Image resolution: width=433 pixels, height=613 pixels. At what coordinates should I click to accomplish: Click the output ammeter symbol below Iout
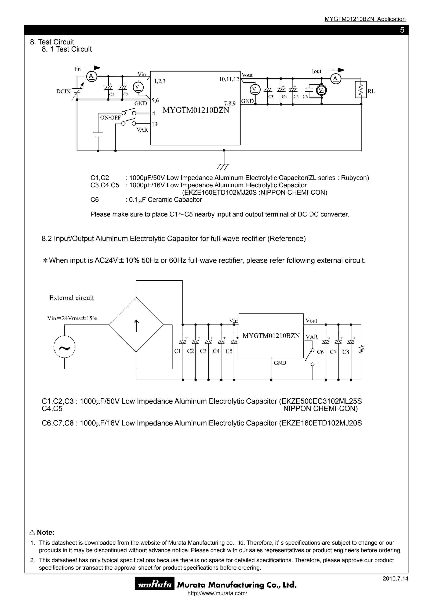335,78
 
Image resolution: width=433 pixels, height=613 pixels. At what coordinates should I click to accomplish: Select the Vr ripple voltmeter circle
322,91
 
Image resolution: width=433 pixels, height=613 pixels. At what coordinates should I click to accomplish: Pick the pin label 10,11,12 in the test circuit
229,79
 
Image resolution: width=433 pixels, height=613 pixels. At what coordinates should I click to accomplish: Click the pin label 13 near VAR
154,124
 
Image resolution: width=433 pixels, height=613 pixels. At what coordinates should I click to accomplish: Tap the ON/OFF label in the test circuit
110,118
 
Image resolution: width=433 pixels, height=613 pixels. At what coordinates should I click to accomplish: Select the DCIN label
63,91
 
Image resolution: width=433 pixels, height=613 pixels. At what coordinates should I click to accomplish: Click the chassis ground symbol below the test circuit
223,166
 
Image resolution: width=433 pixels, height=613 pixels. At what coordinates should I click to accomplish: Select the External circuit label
71,298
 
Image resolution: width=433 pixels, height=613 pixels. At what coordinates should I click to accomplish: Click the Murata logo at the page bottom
154,585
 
